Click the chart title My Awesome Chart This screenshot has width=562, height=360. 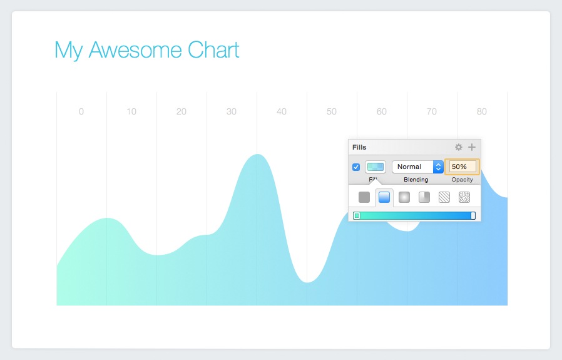pyautogui.click(x=147, y=50)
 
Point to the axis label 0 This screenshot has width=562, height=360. pyautogui.click(x=81, y=112)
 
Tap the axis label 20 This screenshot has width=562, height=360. pyautogui.click(x=181, y=112)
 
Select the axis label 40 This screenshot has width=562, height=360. pyautogui.click(x=281, y=112)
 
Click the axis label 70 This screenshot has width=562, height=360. pyautogui.click(x=431, y=112)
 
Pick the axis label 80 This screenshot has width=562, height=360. pyautogui.click(x=481, y=112)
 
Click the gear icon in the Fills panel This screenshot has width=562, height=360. pyautogui.click(x=459, y=147)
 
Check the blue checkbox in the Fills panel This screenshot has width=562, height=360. pyautogui.click(x=356, y=167)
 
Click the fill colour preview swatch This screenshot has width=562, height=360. pyautogui.click(x=375, y=167)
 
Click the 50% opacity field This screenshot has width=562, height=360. pyautogui.click(x=462, y=167)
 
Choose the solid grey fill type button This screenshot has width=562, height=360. pyautogui.click(x=364, y=197)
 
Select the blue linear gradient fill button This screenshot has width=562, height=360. pyautogui.click(x=384, y=197)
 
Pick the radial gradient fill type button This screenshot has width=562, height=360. pyautogui.click(x=404, y=197)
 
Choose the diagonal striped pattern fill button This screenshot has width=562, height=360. pyautogui.click(x=444, y=197)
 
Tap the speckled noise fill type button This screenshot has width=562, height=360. pyautogui.click(x=464, y=197)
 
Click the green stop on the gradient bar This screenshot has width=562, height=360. pyautogui.click(x=357, y=216)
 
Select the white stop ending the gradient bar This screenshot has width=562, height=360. pyautogui.click(x=473, y=216)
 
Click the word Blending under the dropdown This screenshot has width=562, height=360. pyautogui.click(x=416, y=180)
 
